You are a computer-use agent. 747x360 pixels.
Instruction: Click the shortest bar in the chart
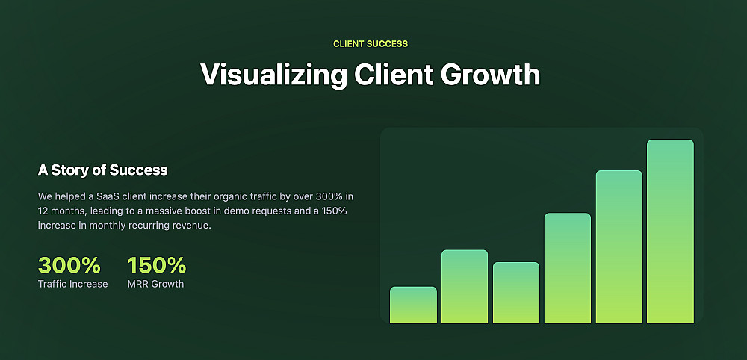pos(413,305)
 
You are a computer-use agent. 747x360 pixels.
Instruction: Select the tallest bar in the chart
pos(670,232)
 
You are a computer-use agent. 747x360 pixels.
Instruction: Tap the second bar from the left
pos(465,287)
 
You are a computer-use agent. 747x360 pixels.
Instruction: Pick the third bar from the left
pos(516,293)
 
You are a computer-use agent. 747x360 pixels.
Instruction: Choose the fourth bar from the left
pos(568,268)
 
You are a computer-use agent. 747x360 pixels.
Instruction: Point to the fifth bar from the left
pos(619,246)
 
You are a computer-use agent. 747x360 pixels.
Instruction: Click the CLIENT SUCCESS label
pos(371,44)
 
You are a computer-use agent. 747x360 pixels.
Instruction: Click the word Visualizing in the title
pos(274,75)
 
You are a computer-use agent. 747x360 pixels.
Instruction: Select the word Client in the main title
pos(394,74)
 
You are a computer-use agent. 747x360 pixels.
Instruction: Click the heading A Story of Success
pos(103,170)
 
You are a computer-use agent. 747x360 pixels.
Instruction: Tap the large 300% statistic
pos(69,265)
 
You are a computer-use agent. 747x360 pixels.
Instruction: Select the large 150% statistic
pos(157,265)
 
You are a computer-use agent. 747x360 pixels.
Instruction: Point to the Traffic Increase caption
pos(73,285)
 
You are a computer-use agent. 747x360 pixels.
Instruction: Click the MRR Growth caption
pos(156,285)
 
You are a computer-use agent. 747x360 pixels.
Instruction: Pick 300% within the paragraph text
pos(329,196)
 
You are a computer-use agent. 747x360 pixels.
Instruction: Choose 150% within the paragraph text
pos(333,211)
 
